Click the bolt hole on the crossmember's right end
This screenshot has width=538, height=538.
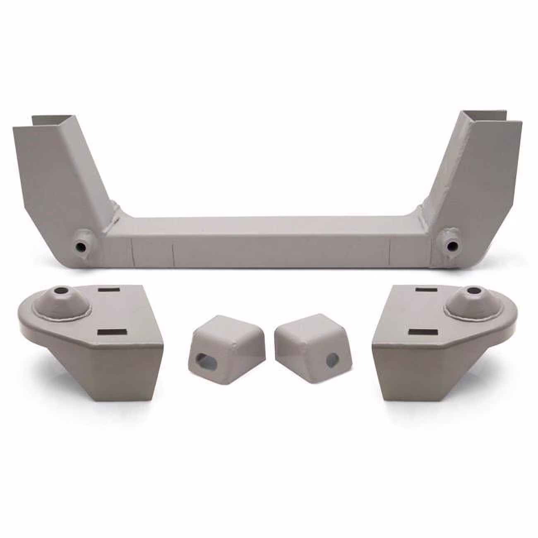pos(451,246)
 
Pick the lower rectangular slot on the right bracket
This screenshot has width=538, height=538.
pos(423,332)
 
